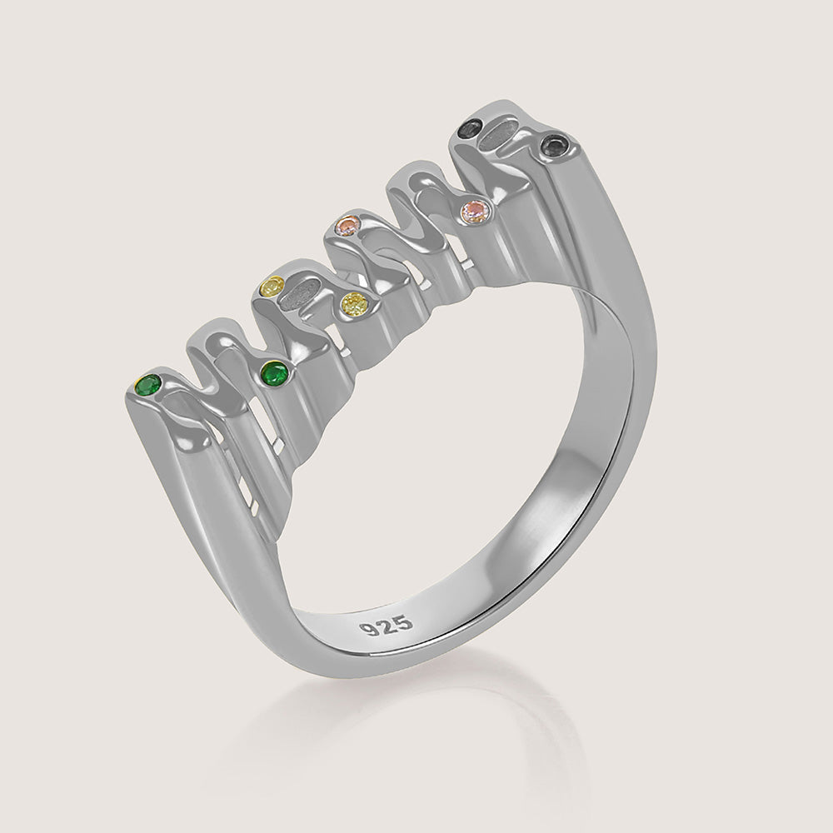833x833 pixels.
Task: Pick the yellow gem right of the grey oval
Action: tap(356, 306)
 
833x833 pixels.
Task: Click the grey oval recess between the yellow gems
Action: tap(304, 294)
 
